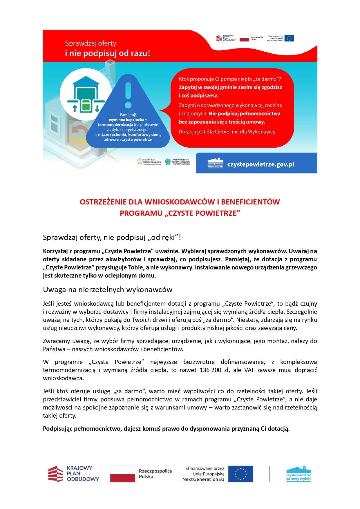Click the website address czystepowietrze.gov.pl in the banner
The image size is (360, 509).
click(x=260, y=164)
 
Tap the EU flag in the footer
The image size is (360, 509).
click(x=240, y=474)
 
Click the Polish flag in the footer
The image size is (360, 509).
click(x=122, y=474)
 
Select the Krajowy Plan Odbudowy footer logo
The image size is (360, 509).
click(x=74, y=474)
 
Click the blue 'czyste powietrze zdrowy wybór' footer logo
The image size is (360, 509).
click(x=299, y=474)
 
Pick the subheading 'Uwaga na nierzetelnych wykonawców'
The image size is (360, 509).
click(x=108, y=289)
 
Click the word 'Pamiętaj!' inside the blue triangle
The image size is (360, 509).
click(x=128, y=115)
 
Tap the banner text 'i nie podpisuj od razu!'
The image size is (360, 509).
click(x=107, y=53)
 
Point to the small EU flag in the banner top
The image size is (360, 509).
click(x=289, y=38)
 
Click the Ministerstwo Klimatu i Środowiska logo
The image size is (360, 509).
click(x=149, y=162)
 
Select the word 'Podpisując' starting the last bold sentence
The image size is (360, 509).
click(x=58, y=429)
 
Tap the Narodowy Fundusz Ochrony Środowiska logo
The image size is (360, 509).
click(x=178, y=162)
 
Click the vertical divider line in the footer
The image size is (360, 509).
click(x=270, y=474)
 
